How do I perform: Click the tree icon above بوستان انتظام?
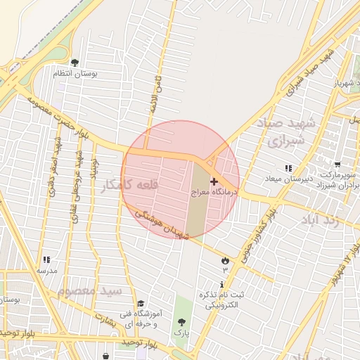[75, 63]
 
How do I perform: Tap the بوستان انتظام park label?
[75, 72]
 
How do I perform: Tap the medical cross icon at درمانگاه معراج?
[214, 181]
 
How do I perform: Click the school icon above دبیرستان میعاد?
[288, 168]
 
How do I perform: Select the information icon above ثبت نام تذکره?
[223, 285]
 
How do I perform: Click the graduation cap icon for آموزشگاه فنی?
[141, 304]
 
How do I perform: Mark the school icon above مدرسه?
[46, 260]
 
